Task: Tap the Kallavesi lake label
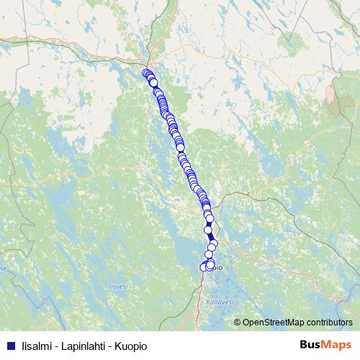[219, 302]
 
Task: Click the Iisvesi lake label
[119, 286]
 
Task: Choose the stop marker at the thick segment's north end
[208, 230]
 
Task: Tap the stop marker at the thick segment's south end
[212, 247]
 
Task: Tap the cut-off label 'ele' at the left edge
[4, 268]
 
